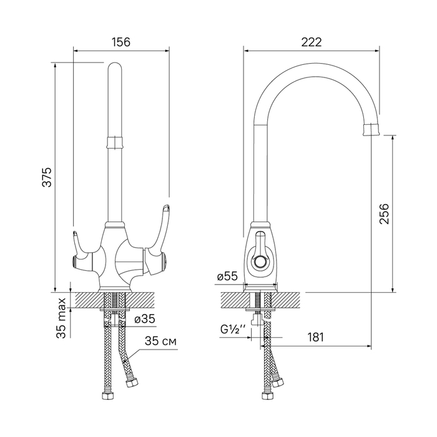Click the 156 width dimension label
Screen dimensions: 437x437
point(121,42)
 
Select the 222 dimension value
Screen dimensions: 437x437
point(312,42)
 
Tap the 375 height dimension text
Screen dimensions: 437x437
point(47,177)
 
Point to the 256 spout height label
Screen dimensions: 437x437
point(384,214)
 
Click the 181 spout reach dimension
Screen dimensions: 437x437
point(315,337)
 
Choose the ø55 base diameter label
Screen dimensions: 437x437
point(227,277)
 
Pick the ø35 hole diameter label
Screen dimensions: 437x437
point(145,319)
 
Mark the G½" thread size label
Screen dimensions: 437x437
point(233,330)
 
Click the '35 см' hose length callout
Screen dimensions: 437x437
point(160,341)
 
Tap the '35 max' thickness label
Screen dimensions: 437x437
point(62,318)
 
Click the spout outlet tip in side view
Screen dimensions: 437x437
point(371,130)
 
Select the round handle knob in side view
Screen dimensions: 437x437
point(260,262)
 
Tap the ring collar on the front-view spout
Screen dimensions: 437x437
point(114,142)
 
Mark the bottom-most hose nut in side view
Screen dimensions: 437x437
point(267,396)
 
